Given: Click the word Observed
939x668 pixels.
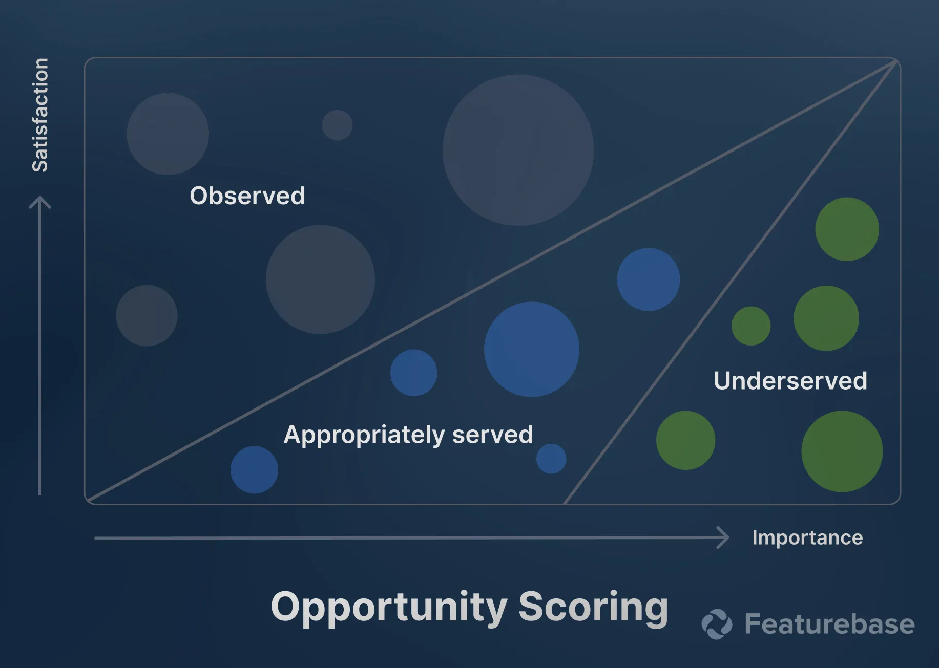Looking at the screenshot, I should pyautogui.click(x=247, y=196).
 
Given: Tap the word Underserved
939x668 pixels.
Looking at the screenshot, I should pyautogui.click(x=790, y=381).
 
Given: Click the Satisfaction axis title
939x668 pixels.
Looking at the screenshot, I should pyautogui.click(x=40, y=115).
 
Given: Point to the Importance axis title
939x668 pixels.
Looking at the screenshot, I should pyautogui.click(x=807, y=537).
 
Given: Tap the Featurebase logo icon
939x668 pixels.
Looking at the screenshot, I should pyautogui.click(x=717, y=624).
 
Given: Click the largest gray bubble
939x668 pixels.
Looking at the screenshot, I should pyautogui.click(x=518, y=150).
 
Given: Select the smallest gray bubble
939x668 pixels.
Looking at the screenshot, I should pyautogui.click(x=337, y=125).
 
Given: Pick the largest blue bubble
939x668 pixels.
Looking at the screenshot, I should pyautogui.click(x=531, y=349).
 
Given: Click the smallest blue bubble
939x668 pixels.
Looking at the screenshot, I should pyautogui.click(x=551, y=459).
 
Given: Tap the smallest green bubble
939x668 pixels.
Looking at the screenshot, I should pyautogui.click(x=751, y=326).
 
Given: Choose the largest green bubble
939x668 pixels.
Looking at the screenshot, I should pyautogui.click(x=842, y=451).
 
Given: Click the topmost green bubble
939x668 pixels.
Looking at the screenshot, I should pyautogui.click(x=847, y=229).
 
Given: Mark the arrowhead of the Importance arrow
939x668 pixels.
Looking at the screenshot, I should pyautogui.click(x=724, y=537).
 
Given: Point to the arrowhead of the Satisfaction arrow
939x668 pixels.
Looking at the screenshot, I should pyautogui.click(x=40, y=201).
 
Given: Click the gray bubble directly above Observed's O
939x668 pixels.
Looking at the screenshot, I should pyautogui.click(x=168, y=134).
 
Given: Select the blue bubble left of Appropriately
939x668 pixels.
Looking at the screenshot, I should pyautogui.click(x=254, y=470).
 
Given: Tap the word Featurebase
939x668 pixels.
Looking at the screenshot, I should pyautogui.click(x=829, y=624).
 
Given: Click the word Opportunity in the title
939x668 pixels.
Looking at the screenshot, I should pyautogui.click(x=389, y=608).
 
